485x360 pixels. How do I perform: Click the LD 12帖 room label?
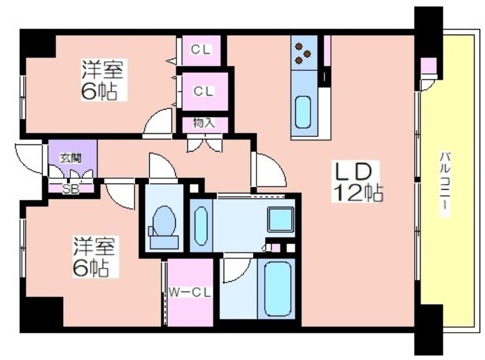pyautogui.click(x=357, y=182)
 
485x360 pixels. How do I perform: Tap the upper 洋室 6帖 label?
pyautogui.click(x=101, y=80)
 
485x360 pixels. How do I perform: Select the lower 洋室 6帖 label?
pyautogui.click(x=94, y=257)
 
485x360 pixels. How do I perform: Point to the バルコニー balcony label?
pyautogui.click(x=445, y=182)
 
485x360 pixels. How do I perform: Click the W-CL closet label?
pyautogui.click(x=190, y=292)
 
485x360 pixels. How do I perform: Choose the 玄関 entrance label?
pyautogui.click(x=71, y=159)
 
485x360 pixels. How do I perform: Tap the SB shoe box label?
pyautogui.click(x=71, y=189)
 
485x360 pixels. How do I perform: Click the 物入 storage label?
pyautogui.click(x=204, y=123)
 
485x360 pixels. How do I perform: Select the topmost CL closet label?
pyautogui.click(x=201, y=50)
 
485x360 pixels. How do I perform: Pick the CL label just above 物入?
pyautogui.click(x=204, y=92)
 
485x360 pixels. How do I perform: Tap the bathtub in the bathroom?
pyautogui.click(x=278, y=288)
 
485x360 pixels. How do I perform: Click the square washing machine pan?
pyautogui.click(x=281, y=219)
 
